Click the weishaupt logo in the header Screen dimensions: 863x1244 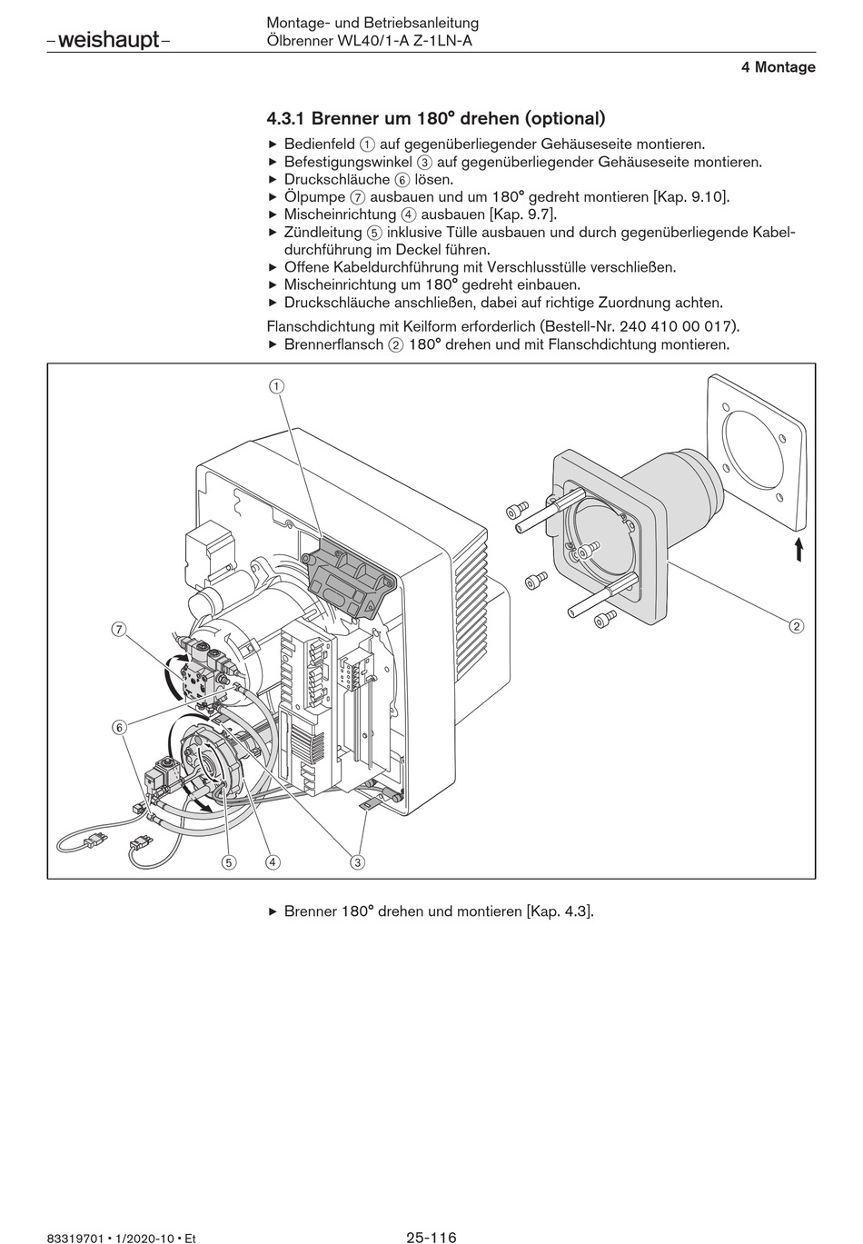point(108,40)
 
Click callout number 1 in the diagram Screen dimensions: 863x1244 point(276,386)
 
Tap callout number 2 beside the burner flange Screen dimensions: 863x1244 point(797,626)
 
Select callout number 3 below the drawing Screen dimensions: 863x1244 point(357,862)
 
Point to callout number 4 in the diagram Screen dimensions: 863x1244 point(273,862)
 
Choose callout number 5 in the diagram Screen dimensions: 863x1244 point(228,862)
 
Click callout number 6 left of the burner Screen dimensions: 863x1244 point(119,727)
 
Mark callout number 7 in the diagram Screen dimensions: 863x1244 point(119,629)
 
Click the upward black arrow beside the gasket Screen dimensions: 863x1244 point(799,549)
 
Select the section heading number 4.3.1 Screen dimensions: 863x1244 point(286,118)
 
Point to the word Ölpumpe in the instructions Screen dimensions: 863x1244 point(314,197)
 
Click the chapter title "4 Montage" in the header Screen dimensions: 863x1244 point(778,67)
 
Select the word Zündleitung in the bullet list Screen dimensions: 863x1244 point(322,232)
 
